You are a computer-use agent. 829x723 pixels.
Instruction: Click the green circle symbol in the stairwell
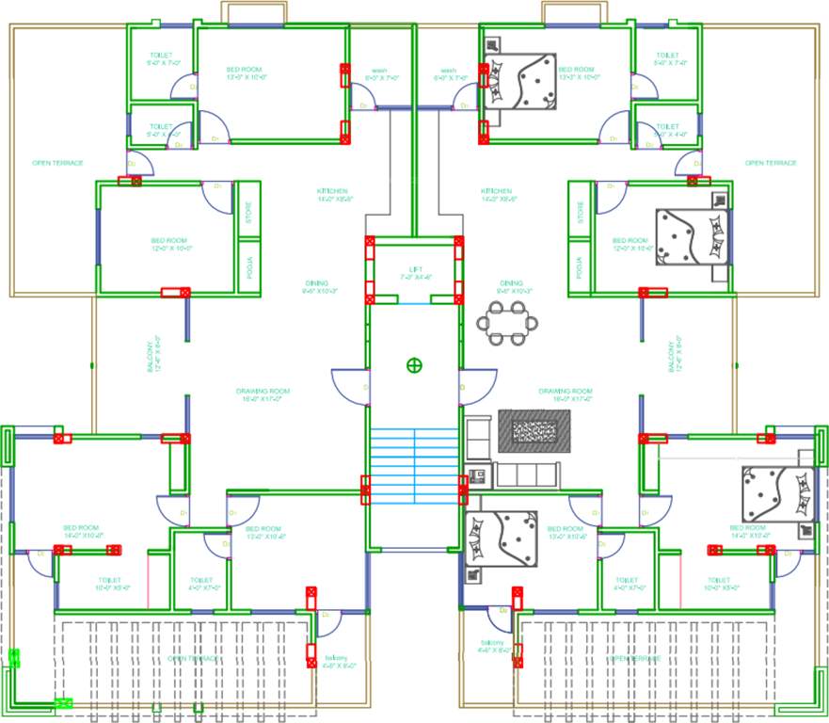[x=413, y=364]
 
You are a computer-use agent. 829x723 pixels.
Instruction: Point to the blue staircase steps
[x=413, y=457]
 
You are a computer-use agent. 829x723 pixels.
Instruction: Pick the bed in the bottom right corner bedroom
[x=778, y=492]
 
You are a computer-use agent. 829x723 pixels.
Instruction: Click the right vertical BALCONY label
[x=673, y=355]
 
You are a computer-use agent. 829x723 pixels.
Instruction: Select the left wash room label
[x=379, y=73]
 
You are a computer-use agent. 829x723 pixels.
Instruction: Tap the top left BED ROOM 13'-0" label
[x=244, y=73]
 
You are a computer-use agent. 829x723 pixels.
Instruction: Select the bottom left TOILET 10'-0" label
[x=113, y=584]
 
